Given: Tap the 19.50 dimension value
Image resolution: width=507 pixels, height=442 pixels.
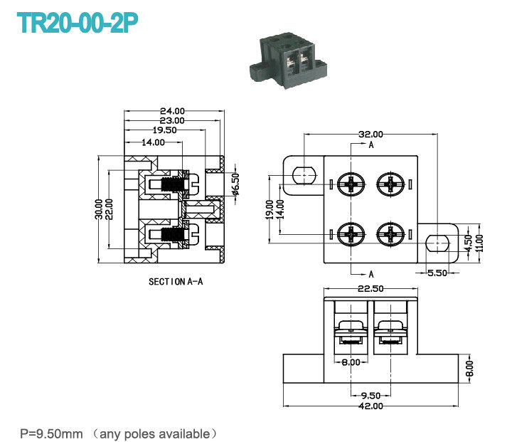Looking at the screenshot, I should click(x=166, y=131).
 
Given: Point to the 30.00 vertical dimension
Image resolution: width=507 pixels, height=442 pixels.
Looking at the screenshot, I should click(x=100, y=210).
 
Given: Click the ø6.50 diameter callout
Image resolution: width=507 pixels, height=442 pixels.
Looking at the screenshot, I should click(x=235, y=184).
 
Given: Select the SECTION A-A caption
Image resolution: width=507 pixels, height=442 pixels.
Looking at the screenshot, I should click(x=176, y=282).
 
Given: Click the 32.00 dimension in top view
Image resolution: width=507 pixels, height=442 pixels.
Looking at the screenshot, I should click(x=370, y=134).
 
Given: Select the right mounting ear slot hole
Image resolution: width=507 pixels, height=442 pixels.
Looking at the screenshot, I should click(x=437, y=243).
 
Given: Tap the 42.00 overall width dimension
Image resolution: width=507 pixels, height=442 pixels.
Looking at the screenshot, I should click(x=370, y=406).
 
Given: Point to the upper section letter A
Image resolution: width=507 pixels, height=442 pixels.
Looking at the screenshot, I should click(x=371, y=144).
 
